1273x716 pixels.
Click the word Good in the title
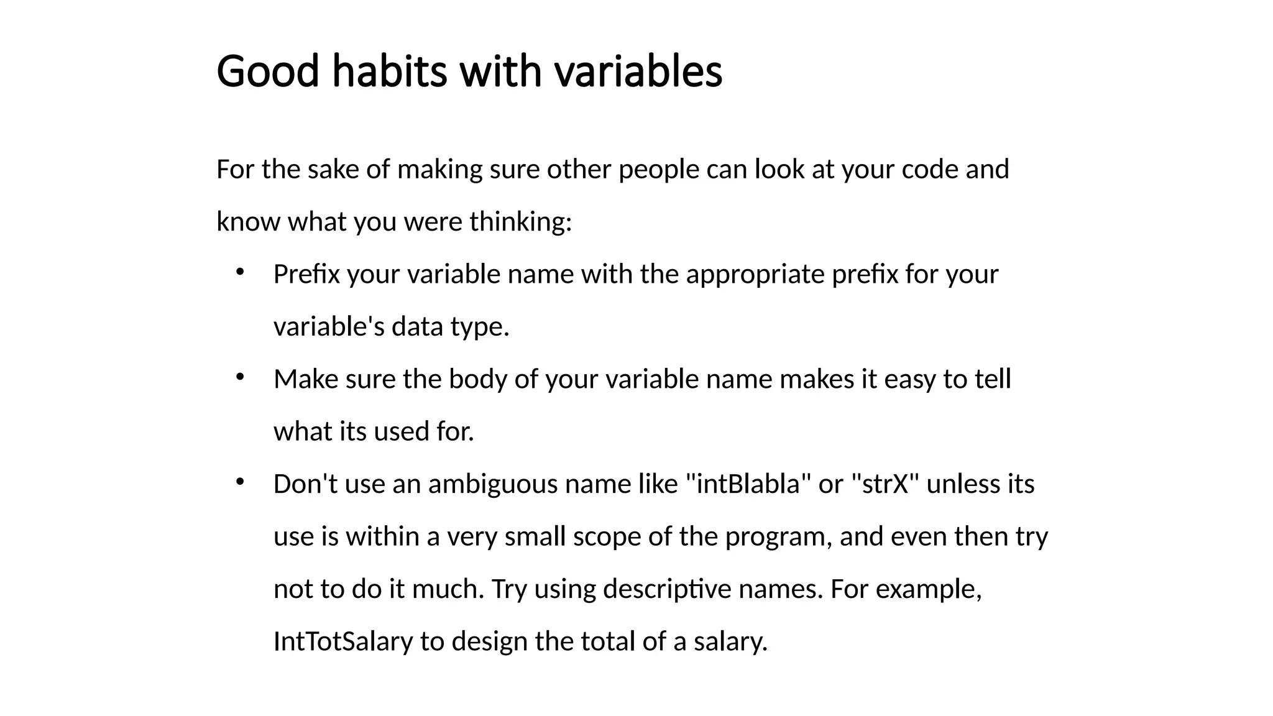(x=267, y=71)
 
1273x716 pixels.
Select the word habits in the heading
(x=389, y=71)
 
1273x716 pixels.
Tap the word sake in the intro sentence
(x=333, y=169)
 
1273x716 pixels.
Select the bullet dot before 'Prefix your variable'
(x=240, y=272)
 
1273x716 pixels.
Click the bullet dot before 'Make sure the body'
(x=240, y=377)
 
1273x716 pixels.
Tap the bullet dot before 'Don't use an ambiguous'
(x=240, y=482)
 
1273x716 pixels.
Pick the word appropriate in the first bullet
(x=755, y=274)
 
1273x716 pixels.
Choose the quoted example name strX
(x=885, y=484)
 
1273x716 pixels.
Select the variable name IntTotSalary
(x=343, y=641)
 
